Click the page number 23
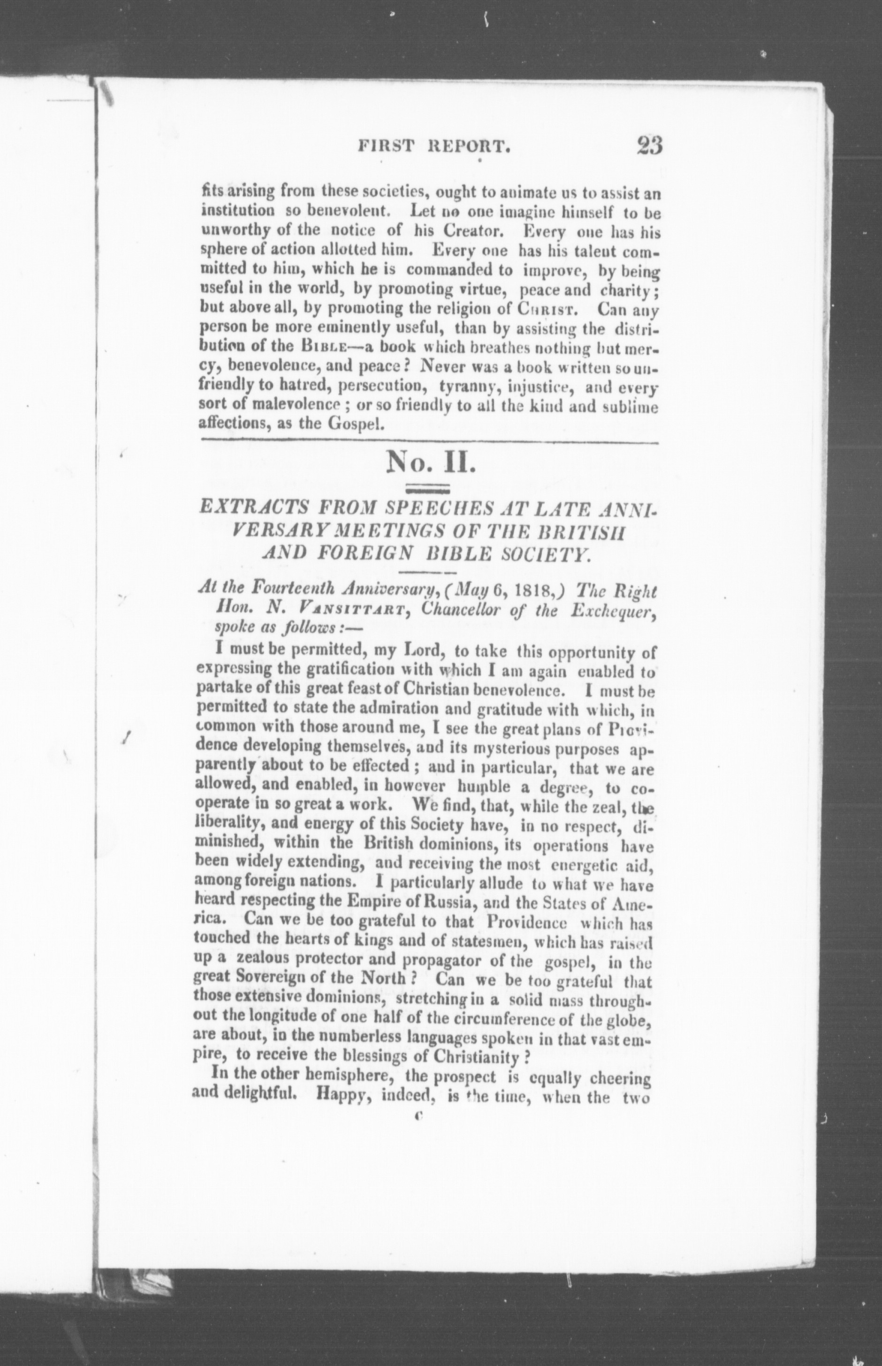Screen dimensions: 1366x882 tap(648, 145)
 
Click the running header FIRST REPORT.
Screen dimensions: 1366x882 tap(434, 147)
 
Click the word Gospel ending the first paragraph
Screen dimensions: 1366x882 tap(353, 426)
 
